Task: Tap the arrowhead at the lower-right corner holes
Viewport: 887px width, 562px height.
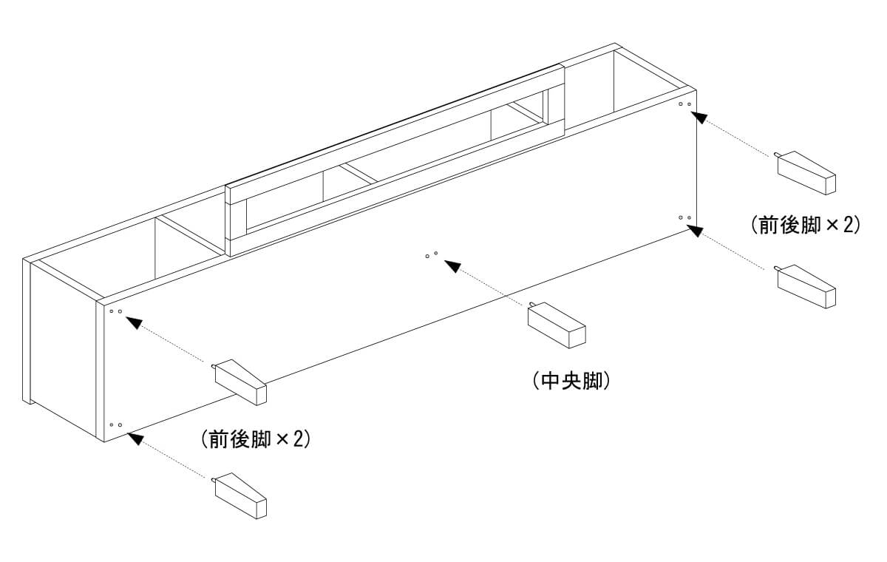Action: [x=696, y=230]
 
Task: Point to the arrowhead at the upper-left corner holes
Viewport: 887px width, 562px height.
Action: [x=133, y=322]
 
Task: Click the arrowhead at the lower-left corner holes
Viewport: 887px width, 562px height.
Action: [x=133, y=437]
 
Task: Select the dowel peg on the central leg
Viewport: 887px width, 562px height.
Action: [x=531, y=305]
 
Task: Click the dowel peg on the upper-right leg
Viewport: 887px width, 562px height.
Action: [x=778, y=155]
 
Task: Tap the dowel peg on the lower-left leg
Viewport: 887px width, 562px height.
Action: [x=214, y=481]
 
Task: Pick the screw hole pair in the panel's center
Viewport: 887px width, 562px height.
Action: [x=432, y=255]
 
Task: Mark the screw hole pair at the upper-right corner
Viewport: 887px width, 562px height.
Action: [x=685, y=104]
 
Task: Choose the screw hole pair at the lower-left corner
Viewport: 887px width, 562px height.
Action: [x=115, y=425]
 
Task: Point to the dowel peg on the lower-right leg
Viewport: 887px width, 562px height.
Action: [x=778, y=268]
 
